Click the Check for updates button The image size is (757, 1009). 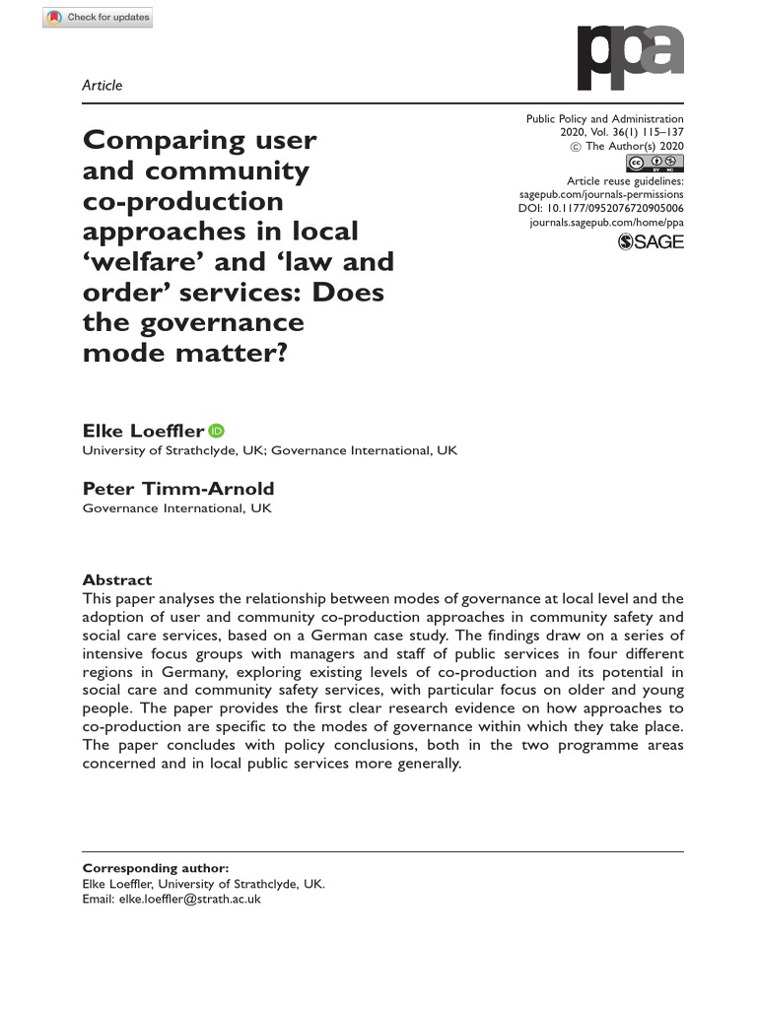pos(99,18)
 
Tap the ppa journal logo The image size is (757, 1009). pos(630,58)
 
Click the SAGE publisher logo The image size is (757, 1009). pos(650,242)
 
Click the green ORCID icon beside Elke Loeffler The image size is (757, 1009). pos(217,431)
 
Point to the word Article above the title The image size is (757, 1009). pos(103,86)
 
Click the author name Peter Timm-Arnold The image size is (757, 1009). pos(178,489)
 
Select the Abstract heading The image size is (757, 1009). pos(117,580)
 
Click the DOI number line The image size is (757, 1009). pos(600,210)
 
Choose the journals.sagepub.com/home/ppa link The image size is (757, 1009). pos(606,224)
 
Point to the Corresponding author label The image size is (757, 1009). pos(156,868)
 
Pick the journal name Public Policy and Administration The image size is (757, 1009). pos(604,119)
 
